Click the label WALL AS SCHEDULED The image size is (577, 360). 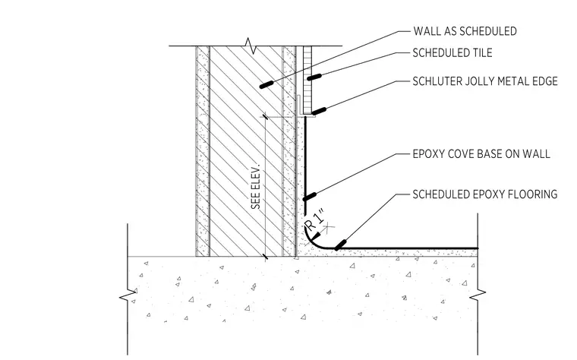(x=465, y=31)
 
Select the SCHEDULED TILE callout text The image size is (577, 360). (x=452, y=53)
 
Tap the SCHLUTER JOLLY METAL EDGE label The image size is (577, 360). (x=485, y=81)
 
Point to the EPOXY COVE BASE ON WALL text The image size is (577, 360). (x=481, y=154)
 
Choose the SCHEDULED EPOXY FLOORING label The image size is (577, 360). (x=485, y=194)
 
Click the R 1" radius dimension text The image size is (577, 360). (x=316, y=219)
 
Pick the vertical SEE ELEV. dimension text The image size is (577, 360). (x=256, y=187)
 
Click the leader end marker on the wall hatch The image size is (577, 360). (x=266, y=84)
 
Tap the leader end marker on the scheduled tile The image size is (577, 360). (x=314, y=77)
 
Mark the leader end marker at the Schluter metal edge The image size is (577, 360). (x=319, y=110)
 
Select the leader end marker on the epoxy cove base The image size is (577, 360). (x=310, y=197)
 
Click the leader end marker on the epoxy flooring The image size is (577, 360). (x=340, y=245)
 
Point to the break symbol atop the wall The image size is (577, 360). (x=251, y=46)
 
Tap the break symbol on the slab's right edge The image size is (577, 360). (x=478, y=293)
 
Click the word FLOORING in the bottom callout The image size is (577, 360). (x=533, y=194)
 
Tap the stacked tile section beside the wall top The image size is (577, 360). (x=307, y=80)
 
